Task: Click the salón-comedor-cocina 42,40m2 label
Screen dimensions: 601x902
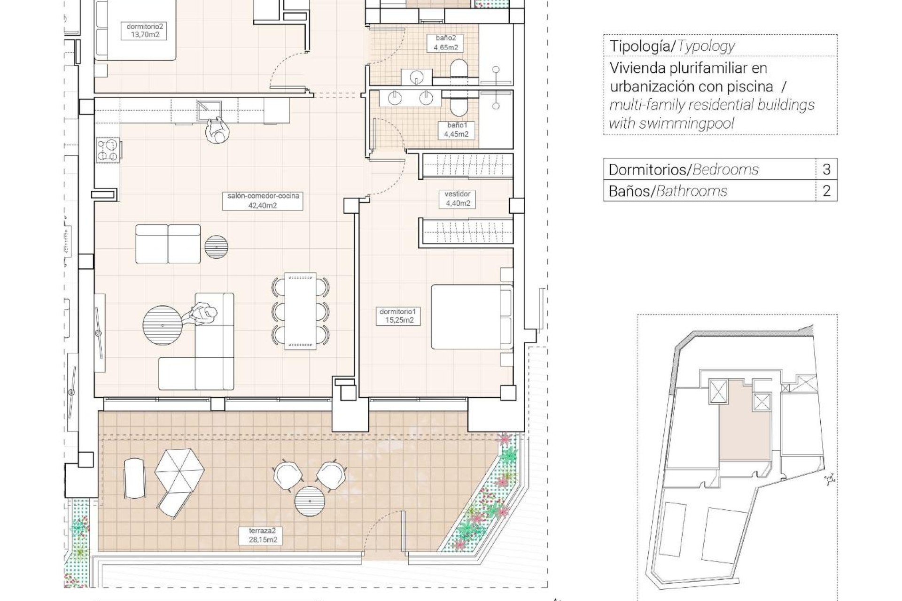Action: (263, 200)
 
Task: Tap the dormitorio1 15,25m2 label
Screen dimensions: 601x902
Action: (397, 316)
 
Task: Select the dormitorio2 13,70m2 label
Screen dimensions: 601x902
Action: (145, 31)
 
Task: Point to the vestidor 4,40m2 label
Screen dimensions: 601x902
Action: (457, 199)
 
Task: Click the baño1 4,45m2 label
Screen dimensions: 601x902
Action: (456, 130)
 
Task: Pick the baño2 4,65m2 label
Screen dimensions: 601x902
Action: (445, 43)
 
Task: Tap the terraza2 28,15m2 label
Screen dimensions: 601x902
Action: (263, 535)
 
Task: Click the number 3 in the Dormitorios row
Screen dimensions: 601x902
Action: (826, 169)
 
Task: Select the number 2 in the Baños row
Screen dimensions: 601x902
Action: (826, 191)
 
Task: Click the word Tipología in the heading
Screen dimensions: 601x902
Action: (639, 46)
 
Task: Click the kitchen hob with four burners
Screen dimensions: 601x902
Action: (108, 150)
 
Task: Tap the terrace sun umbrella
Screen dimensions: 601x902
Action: (179, 469)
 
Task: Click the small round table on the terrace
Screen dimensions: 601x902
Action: (310, 501)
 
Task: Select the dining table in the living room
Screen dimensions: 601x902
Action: (300, 311)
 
